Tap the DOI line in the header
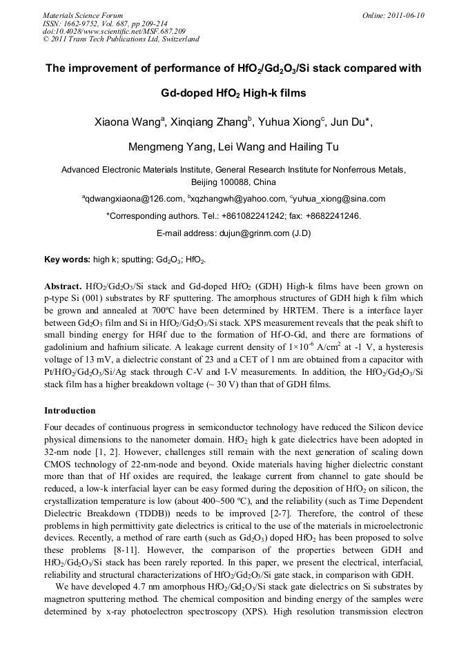point(114,31)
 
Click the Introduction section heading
point(70,411)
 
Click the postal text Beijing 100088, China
point(233,182)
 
